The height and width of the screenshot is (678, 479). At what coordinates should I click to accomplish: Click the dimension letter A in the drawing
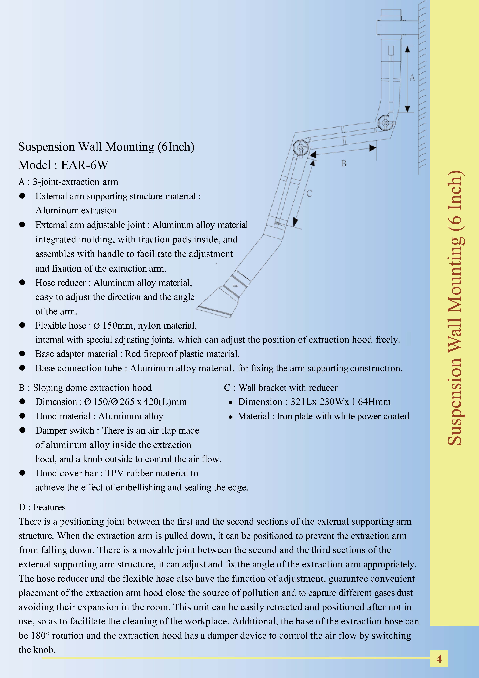(412, 78)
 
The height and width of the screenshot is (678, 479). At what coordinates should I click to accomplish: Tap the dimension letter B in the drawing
(344, 163)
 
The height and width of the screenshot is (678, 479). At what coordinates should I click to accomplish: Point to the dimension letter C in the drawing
(309, 193)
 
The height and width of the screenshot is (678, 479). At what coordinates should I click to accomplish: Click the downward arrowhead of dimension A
(407, 109)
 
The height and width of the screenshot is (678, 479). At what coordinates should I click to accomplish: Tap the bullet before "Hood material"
(22, 416)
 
